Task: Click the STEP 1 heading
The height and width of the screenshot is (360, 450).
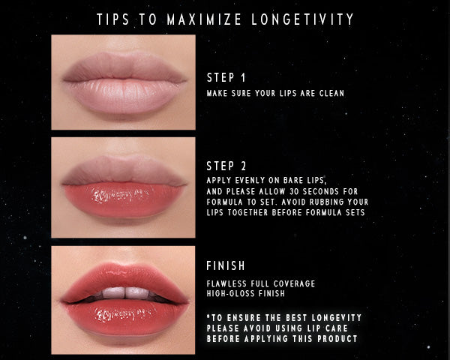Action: coord(226,77)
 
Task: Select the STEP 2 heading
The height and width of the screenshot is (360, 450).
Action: coord(226,166)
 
